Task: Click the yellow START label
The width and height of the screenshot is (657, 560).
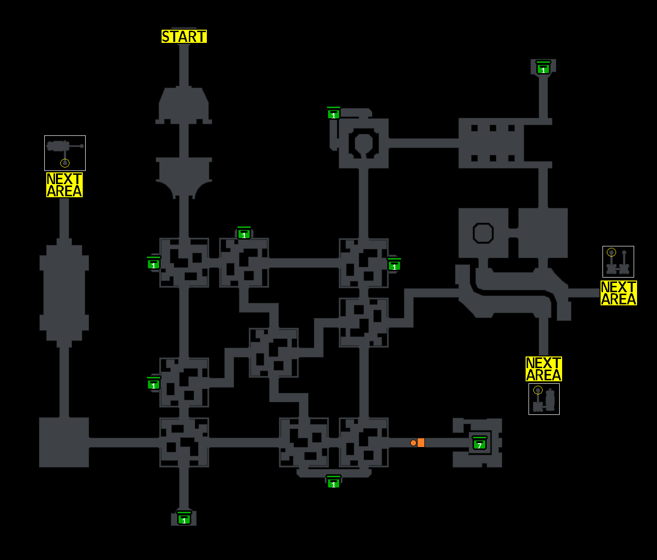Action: [184, 37]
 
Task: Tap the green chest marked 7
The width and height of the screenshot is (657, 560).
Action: [479, 444]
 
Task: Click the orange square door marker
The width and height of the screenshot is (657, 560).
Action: [421, 443]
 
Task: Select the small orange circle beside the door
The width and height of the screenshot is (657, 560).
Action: [413, 443]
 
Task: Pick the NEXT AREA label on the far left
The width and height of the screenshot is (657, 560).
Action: [64, 185]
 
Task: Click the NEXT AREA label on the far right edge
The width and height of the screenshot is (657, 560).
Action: [619, 293]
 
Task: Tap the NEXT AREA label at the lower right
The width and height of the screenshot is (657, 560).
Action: [544, 369]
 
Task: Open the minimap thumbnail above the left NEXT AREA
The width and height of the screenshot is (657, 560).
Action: [65, 153]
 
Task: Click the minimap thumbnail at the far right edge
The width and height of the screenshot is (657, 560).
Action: [618, 261]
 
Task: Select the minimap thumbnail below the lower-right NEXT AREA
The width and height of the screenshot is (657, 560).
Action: [544, 399]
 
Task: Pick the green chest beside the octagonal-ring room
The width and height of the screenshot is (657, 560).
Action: [333, 113]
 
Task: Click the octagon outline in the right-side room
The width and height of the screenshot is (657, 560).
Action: [483, 233]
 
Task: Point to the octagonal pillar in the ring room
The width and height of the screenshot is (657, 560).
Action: [364, 143]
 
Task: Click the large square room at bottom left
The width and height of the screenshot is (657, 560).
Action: [64, 442]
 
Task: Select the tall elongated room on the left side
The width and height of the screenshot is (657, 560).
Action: [64, 292]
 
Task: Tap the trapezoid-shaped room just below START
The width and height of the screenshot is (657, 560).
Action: [184, 105]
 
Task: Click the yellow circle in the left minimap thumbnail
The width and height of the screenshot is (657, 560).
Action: [65, 163]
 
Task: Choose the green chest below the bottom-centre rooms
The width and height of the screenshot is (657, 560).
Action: [333, 482]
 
